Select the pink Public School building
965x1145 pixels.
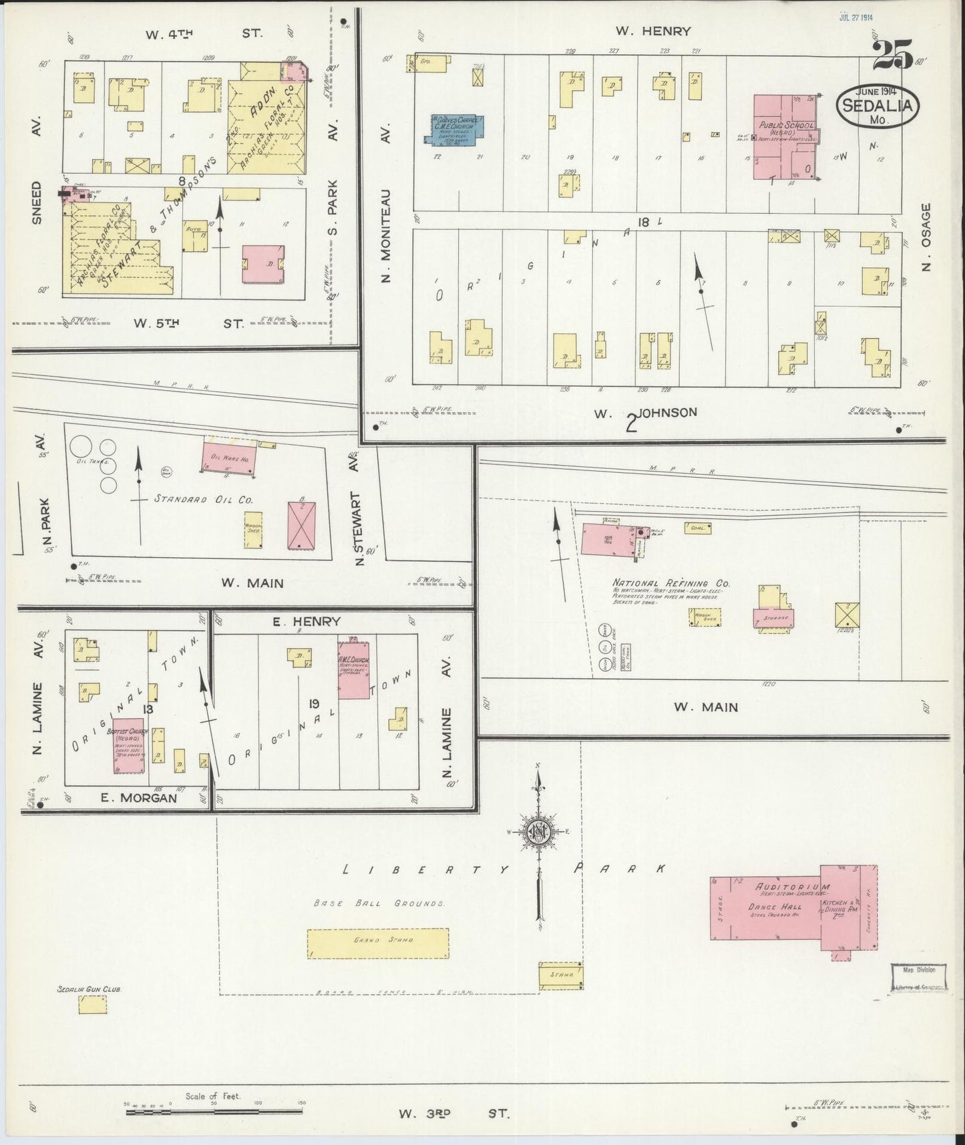(785, 137)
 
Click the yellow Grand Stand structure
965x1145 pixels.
(377, 944)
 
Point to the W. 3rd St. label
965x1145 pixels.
(453, 1114)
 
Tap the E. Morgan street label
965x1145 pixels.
(138, 798)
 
